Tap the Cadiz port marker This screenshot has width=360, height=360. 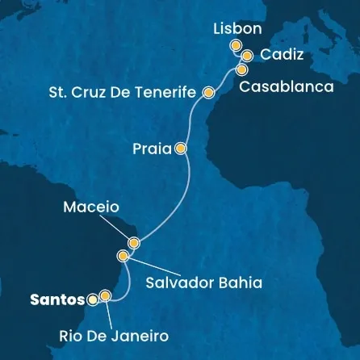pyautogui.click(x=247, y=56)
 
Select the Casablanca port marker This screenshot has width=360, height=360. pyautogui.click(x=242, y=69)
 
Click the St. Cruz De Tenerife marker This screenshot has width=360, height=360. pyautogui.click(x=208, y=93)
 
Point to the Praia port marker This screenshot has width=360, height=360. pyautogui.click(x=180, y=149)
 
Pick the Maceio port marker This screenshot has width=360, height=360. pyautogui.click(x=134, y=242)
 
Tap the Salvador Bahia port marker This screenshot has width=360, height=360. pyautogui.click(x=123, y=257)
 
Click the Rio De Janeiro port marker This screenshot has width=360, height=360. pyautogui.click(x=105, y=296)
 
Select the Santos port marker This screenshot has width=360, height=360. pyautogui.click(x=93, y=299)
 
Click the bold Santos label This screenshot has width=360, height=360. pyautogui.click(x=57, y=299)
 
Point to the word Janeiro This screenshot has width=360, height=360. pyautogui.click(x=140, y=333)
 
